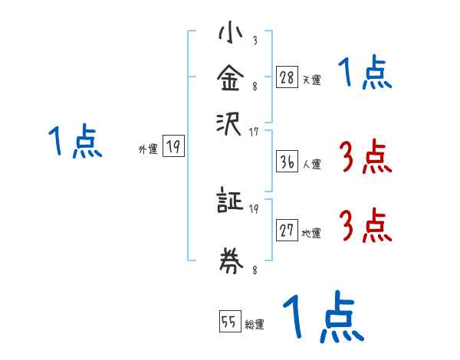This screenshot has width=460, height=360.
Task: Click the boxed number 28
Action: tap(287, 77)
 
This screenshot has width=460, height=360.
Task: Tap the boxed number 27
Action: tap(287, 230)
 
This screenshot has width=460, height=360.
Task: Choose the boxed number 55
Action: tap(228, 321)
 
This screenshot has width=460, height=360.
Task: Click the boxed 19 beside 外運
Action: tap(173, 146)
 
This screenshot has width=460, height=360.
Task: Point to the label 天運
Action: tap(312, 80)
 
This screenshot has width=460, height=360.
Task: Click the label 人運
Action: tap(312, 163)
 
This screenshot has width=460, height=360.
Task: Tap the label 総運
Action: tap(255, 324)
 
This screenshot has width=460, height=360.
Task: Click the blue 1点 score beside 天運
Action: tap(366, 74)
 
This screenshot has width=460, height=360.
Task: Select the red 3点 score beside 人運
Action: tap(366, 157)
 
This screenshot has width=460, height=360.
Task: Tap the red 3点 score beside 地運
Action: tap(366, 227)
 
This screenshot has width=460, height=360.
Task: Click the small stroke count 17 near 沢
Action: tap(254, 133)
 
